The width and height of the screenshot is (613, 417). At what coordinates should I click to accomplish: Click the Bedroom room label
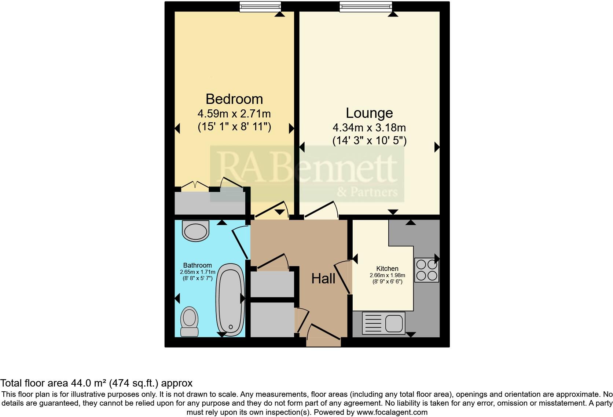tap(234, 99)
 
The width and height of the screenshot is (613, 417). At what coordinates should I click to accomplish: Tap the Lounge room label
tap(369, 113)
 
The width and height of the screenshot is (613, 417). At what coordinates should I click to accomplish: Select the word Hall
tap(323, 279)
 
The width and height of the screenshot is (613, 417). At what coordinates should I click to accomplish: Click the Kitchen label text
tap(387, 269)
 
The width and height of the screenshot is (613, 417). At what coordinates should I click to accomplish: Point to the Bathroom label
tap(197, 265)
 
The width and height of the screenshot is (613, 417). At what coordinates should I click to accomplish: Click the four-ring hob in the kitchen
tap(427, 270)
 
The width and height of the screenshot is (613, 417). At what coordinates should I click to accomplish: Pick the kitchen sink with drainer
tap(383, 323)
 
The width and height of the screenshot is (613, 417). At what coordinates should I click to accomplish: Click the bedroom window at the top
tap(260, 6)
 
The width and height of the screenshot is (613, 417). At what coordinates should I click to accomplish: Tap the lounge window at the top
tap(366, 6)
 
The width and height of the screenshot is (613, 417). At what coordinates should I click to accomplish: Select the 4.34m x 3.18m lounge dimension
tap(369, 128)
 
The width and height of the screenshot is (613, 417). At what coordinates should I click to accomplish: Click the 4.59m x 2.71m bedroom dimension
tap(234, 113)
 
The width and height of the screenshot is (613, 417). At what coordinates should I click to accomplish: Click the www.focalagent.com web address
tap(392, 412)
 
